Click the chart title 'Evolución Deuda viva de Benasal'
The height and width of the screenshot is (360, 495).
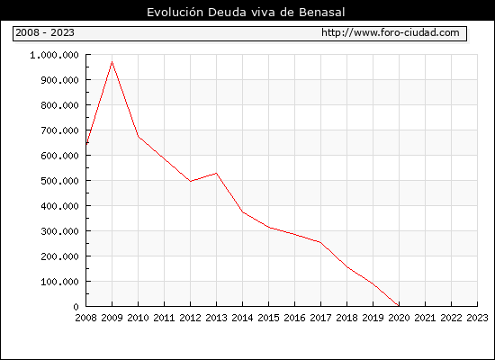pyautogui.click(x=246, y=13)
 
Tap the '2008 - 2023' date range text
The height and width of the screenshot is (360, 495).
pyautogui.click(x=45, y=32)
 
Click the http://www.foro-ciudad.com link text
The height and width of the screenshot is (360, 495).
pyautogui.click(x=391, y=32)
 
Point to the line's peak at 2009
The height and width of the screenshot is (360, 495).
pyautogui.click(x=112, y=62)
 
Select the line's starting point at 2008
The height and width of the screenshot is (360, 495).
pyautogui.click(x=86, y=145)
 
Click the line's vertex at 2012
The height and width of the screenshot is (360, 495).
pyautogui.click(x=191, y=181)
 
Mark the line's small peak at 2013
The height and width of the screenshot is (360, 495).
pyautogui.click(x=217, y=173)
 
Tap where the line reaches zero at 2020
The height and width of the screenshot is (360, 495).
pyautogui.click(x=399, y=306)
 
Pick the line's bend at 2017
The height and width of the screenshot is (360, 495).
pyautogui.click(x=320, y=242)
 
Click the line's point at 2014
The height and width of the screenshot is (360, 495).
pyautogui.click(x=242, y=211)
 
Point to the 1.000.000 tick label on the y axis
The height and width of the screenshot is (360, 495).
pyautogui.click(x=54, y=55)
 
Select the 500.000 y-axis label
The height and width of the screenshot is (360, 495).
pyautogui.click(x=59, y=181)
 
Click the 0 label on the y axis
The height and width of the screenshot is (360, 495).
pyautogui.click(x=76, y=307)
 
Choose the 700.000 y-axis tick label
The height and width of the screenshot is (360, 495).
pyautogui.click(x=59, y=130)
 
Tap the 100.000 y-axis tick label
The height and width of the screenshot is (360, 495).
pyautogui.click(x=59, y=282)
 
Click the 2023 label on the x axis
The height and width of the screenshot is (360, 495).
pyautogui.click(x=477, y=318)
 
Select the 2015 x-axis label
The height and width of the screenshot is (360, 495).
pyautogui.click(x=269, y=318)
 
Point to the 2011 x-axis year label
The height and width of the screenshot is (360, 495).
pyautogui.click(x=164, y=318)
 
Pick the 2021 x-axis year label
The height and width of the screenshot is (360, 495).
pyautogui.click(x=425, y=318)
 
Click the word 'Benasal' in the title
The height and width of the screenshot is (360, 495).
pyautogui.click(x=321, y=13)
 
